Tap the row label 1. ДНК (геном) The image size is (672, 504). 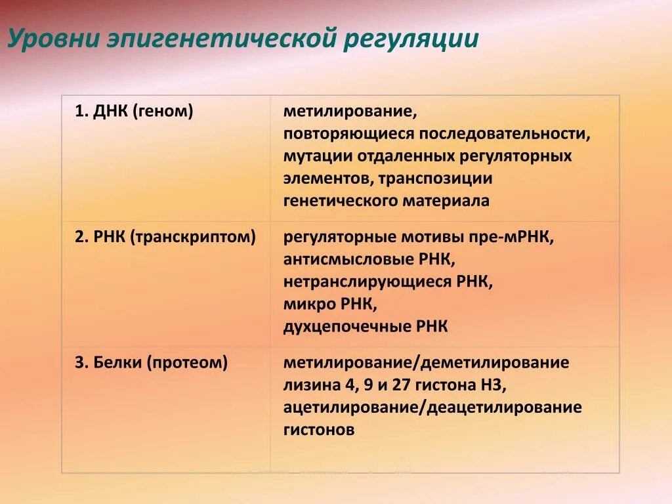(134, 112)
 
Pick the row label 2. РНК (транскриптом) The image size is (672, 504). (165, 237)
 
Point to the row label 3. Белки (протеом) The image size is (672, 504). (151, 362)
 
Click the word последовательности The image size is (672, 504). (505, 134)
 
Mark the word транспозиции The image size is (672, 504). (444, 178)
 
